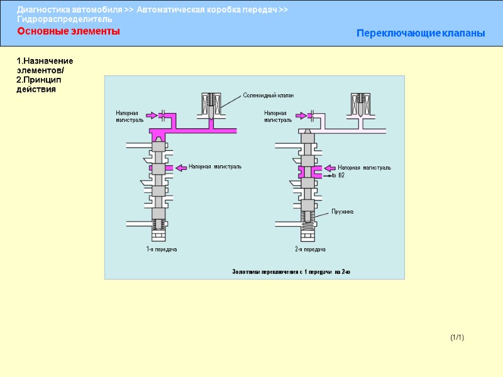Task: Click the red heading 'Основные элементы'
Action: tap(68, 31)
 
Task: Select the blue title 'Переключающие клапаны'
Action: tap(421, 33)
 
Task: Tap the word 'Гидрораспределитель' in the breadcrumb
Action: tap(65, 19)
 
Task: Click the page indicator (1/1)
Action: tap(457, 338)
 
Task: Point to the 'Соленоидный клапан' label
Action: tap(268, 96)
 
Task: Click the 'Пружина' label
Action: tap(343, 212)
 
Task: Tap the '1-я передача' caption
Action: tap(162, 249)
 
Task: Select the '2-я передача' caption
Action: tap(310, 249)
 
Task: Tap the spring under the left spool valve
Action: tap(159, 226)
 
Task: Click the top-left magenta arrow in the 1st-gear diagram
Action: tap(152, 115)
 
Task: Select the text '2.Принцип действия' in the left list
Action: tap(36, 84)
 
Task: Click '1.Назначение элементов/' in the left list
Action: tap(45, 65)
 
